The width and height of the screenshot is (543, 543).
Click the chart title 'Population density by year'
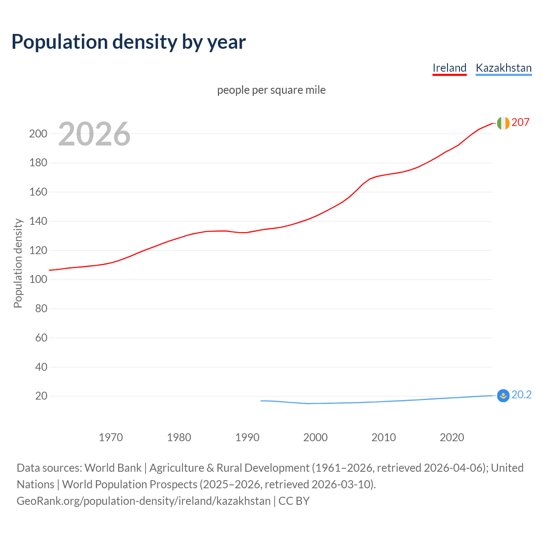coord(129,42)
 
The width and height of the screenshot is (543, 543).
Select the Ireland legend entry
coord(449,68)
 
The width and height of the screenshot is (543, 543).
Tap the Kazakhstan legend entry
coord(504,68)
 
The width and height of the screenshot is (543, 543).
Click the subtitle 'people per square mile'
coord(271,90)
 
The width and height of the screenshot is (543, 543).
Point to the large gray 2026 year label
coord(94,134)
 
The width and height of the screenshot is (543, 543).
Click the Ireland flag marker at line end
coord(503,123)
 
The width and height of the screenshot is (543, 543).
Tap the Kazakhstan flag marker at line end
coord(503,395)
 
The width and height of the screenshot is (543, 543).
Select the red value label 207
coord(521,123)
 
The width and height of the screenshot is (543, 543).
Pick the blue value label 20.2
coord(521,395)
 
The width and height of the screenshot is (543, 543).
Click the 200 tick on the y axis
coord(38,134)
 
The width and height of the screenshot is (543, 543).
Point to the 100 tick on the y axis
coord(38,280)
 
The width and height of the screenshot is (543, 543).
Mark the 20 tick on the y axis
coord(41,396)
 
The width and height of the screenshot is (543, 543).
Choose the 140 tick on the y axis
coord(38,221)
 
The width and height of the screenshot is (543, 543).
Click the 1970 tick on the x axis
coord(111,437)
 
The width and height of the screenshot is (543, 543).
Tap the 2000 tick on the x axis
coord(315,437)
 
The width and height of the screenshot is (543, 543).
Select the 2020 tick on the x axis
coord(452,437)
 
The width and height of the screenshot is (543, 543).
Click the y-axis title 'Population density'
coord(18,263)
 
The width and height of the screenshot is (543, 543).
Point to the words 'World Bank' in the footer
coord(113,468)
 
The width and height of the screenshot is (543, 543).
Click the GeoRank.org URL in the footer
coord(143,501)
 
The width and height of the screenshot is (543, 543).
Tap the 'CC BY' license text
coord(294,501)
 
